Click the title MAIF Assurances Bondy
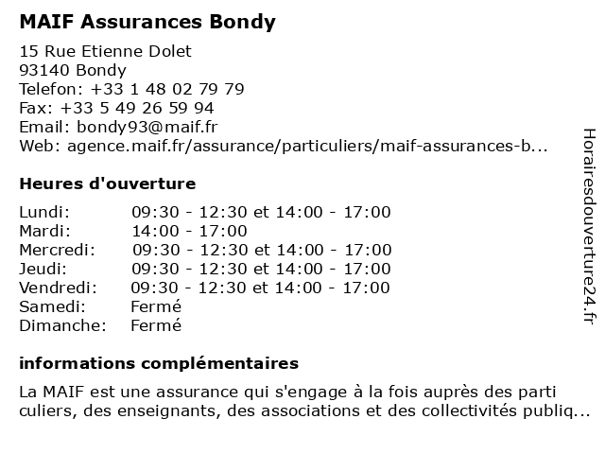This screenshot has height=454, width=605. coord(147,22)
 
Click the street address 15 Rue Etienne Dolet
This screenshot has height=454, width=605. coord(105,51)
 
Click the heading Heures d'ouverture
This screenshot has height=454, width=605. coord(107,183)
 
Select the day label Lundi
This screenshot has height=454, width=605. coord(44,212)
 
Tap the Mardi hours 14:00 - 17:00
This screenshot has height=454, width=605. coord(189,231)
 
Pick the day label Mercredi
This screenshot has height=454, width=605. coord(57,250)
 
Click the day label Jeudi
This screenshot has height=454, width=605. coord(43,269)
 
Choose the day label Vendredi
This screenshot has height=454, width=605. coord(58,288)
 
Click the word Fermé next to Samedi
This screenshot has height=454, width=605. coord(156,306)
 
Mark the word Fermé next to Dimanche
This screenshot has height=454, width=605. coord(156,325)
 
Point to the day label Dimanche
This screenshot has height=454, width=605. coord(60,325)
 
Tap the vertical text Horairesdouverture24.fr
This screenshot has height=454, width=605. coord(588,227)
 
